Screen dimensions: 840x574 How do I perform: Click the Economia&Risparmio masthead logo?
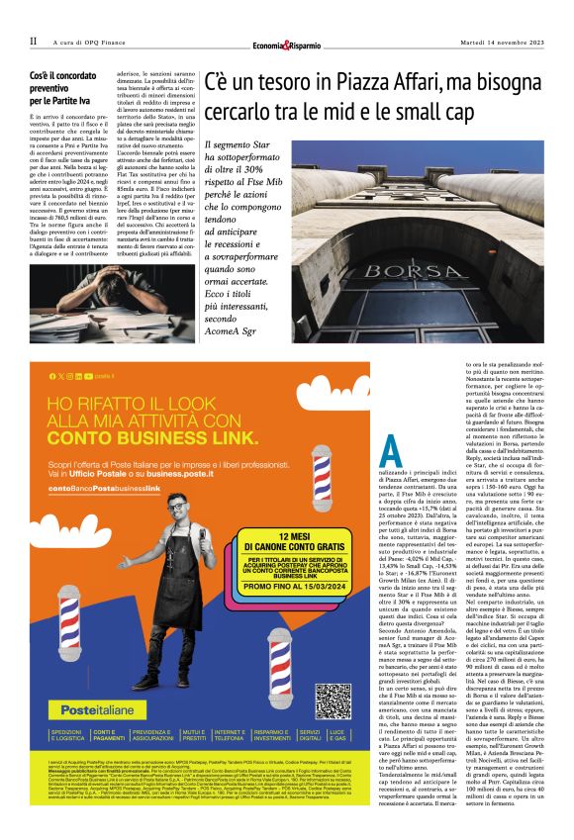coord(286,42)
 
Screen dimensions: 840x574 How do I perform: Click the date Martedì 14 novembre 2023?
coord(502,42)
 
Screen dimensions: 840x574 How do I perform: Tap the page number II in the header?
coord(33,42)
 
